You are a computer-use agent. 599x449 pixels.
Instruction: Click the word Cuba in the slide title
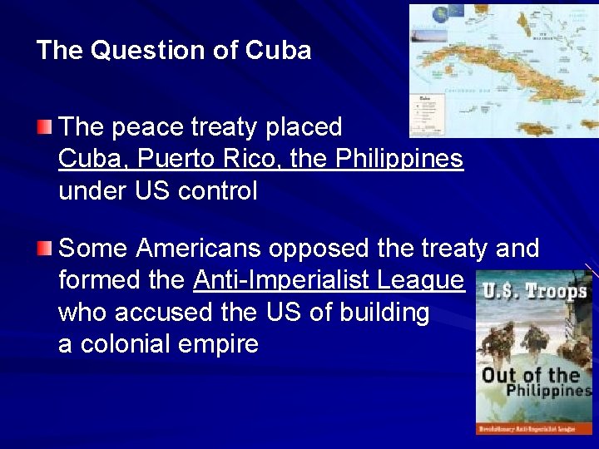pyautogui.click(x=278, y=51)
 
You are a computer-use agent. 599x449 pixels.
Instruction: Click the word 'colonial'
pyautogui.click(x=135, y=343)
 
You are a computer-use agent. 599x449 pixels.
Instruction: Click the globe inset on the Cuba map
pyautogui.click(x=458, y=12)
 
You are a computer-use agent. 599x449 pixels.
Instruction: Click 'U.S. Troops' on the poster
pyautogui.click(x=534, y=291)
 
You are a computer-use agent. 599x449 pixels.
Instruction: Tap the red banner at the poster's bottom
pyautogui.click(x=534, y=427)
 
